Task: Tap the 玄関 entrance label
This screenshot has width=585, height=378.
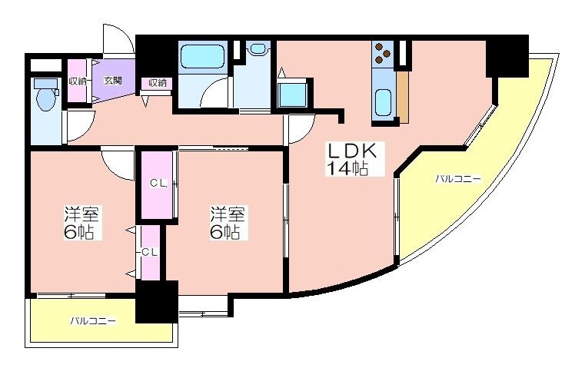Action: (x=113, y=81)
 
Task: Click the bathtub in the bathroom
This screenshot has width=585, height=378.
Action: (x=203, y=57)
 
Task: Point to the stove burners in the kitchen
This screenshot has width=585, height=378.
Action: (x=383, y=53)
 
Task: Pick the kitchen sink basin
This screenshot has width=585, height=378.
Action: (x=383, y=103)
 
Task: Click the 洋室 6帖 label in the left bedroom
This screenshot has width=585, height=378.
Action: (x=81, y=223)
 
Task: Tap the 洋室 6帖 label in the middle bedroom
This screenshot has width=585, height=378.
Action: (x=228, y=223)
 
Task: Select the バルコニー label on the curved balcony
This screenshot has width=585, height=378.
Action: (x=458, y=179)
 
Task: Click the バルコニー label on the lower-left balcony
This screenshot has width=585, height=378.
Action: (x=93, y=320)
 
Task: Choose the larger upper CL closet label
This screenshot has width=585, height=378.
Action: (x=158, y=183)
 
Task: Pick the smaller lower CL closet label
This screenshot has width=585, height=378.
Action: (x=150, y=252)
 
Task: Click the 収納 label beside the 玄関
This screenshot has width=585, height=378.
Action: (x=77, y=81)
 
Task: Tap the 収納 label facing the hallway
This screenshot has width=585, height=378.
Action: (x=158, y=83)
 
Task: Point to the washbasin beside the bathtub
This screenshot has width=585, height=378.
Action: (x=258, y=49)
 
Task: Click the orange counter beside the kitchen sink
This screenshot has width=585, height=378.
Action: (x=403, y=97)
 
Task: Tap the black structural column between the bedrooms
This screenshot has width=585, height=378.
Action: (x=157, y=301)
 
